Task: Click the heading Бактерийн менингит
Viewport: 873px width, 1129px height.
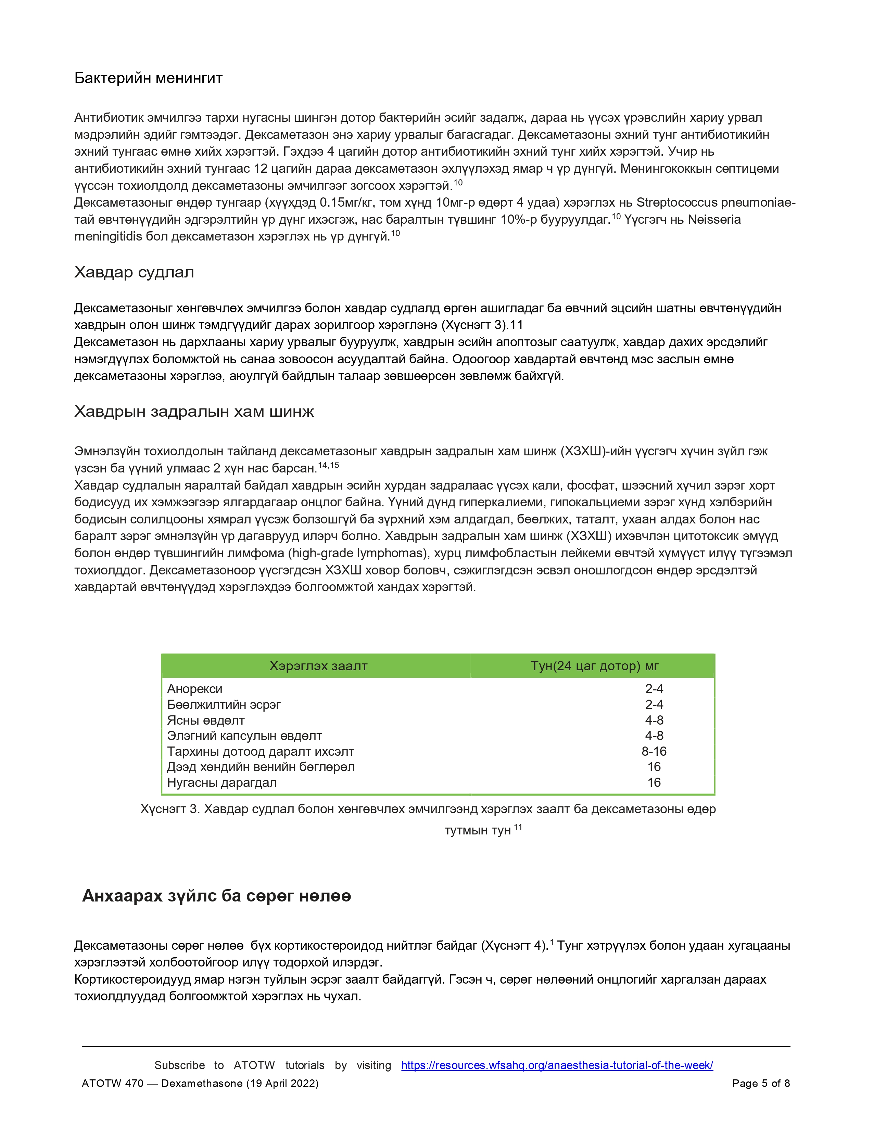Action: click(149, 78)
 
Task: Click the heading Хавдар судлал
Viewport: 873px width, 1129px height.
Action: click(134, 272)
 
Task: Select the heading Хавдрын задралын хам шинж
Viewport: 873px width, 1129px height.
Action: click(194, 412)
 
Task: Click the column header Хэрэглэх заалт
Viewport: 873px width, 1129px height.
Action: click(318, 666)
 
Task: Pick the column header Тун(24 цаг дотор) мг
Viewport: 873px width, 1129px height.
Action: click(594, 666)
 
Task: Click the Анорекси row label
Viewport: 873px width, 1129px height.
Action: click(194, 689)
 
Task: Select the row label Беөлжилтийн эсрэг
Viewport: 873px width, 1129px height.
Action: click(224, 704)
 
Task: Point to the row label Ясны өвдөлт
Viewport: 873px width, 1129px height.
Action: click(205, 720)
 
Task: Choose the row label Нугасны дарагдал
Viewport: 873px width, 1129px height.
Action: click(222, 783)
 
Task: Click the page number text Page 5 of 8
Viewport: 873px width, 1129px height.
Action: click(761, 1083)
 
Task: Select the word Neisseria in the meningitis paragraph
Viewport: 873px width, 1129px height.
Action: click(714, 220)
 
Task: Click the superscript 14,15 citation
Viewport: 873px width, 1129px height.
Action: click(328, 465)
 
